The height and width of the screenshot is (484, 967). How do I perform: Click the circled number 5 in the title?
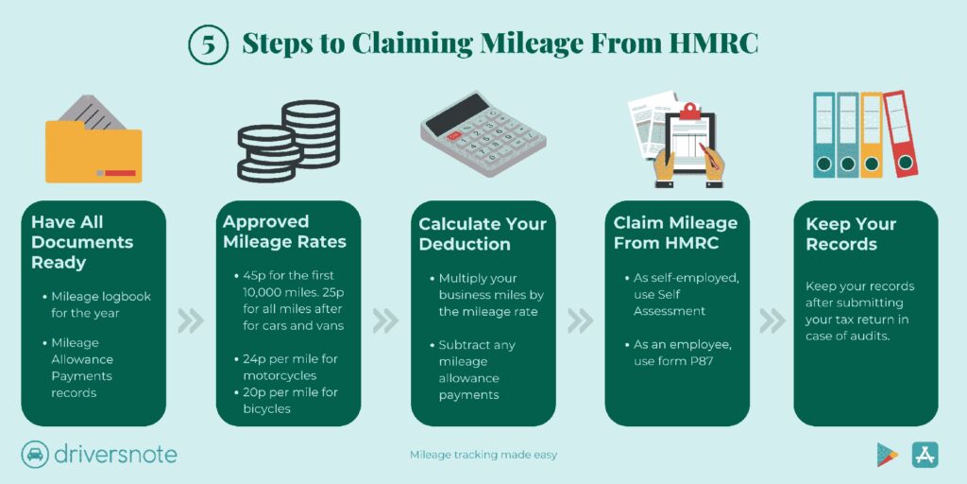pyautogui.click(x=209, y=44)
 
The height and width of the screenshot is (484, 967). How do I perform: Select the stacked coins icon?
pyautogui.click(x=289, y=141)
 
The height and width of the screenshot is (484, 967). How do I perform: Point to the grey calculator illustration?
pyautogui.click(x=483, y=133)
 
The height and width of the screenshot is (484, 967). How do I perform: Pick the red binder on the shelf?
pyautogui.click(x=900, y=133)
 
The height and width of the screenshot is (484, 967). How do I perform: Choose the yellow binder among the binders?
pyautogui.click(x=872, y=134)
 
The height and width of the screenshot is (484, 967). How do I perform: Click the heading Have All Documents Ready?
pyautogui.click(x=82, y=242)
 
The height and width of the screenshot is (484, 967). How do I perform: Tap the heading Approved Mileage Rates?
pyautogui.click(x=284, y=232)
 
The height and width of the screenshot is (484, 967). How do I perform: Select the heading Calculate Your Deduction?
pyautogui.click(x=483, y=233)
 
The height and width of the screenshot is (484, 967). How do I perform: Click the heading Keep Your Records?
pyautogui.click(x=851, y=233)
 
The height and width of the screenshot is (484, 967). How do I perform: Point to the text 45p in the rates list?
pyautogui.click(x=254, y=275)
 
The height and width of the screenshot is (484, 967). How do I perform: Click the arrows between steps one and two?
pyautogui.click(x=191, y=320)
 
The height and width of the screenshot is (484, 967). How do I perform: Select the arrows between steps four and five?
pyautogui.click(x=772, y=320)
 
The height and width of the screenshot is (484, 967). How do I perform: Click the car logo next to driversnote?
pyautogui.click(x=35, y=455)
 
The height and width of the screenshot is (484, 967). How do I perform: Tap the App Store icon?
pyautogui.click(x=925, y=455)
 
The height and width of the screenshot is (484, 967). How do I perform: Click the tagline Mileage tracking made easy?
pyautogui.click(x=483, y=455)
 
